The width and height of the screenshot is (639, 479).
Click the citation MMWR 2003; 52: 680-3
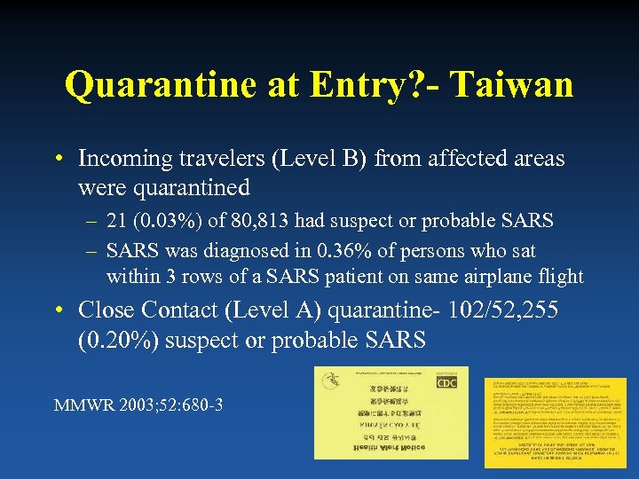(x=138, y=405)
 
